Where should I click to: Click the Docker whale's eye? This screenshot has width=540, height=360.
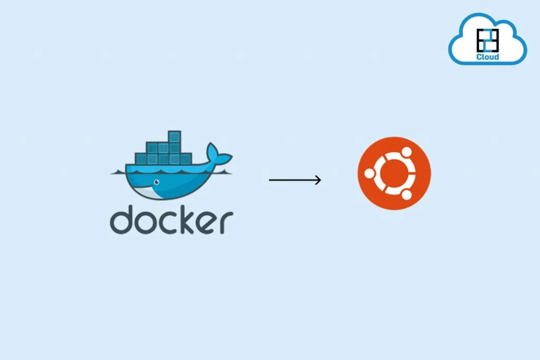[157, 182]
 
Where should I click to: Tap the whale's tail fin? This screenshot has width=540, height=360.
[218, 154]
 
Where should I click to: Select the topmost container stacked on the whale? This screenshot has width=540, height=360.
[175, 137]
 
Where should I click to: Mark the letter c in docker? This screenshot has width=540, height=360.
[169, 222]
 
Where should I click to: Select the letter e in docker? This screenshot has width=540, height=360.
[207, 222]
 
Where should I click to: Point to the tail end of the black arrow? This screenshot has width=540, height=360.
[269, 180]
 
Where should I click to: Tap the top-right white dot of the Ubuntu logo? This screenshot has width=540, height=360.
[407, 152]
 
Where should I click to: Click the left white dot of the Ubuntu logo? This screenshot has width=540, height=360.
[369, 173]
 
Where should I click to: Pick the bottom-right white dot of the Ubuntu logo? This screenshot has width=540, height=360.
[407, 195]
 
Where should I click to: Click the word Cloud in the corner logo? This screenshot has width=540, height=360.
[488, 57]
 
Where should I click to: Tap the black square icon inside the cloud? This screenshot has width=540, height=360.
[488, 40]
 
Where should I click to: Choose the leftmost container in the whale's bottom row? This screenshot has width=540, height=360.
[141, 159]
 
